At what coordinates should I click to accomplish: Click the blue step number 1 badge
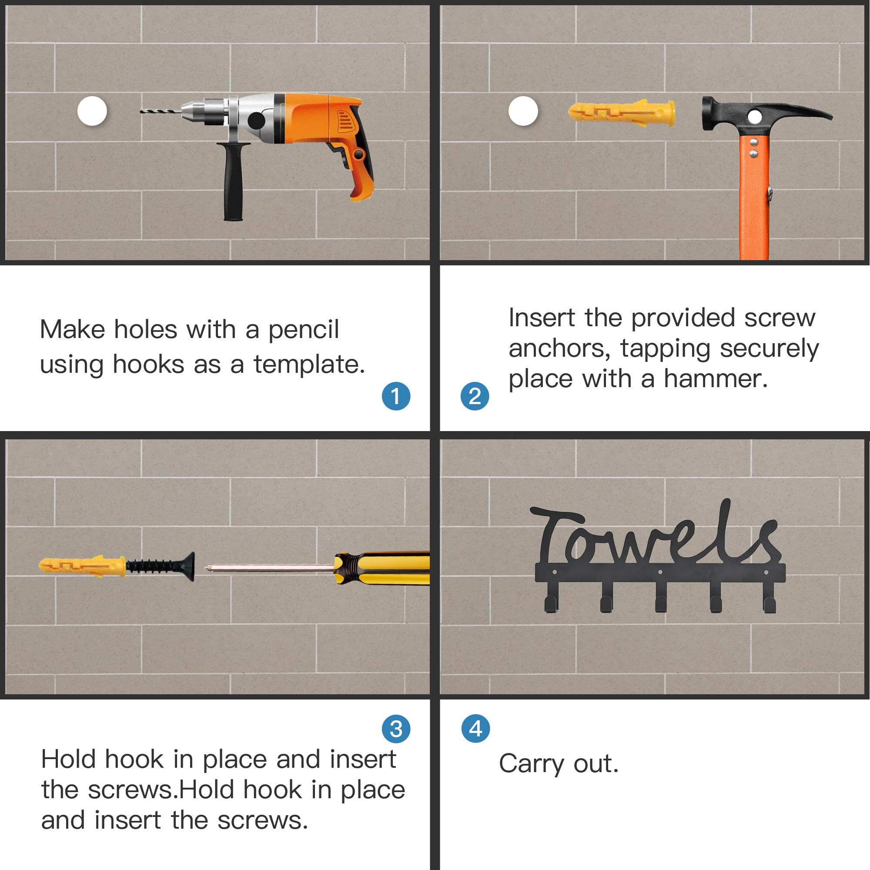(x=396, y=396)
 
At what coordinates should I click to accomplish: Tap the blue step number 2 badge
(x=475, y=396)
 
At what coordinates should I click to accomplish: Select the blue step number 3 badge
(x=396, y=729)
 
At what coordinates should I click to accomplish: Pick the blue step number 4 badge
(x=476, y=728)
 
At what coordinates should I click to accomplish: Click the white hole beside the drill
(x=92, y=111)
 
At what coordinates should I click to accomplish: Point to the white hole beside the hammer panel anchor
(x=523, y=111)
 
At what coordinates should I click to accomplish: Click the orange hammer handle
(x=754, y=198)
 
